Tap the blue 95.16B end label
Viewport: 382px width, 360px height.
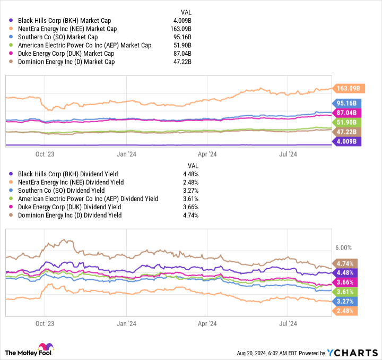pos(347,104)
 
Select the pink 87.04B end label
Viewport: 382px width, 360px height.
pos(347,113)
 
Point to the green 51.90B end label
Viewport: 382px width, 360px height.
pos(347,122)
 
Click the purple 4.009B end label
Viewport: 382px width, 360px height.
pos(347,141)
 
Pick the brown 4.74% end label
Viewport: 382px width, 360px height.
pos(347,263)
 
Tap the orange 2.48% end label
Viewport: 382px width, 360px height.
pos(347,310)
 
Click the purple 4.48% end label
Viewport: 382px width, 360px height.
pos(347,273)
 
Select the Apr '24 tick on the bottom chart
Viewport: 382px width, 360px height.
pos(207,323)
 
